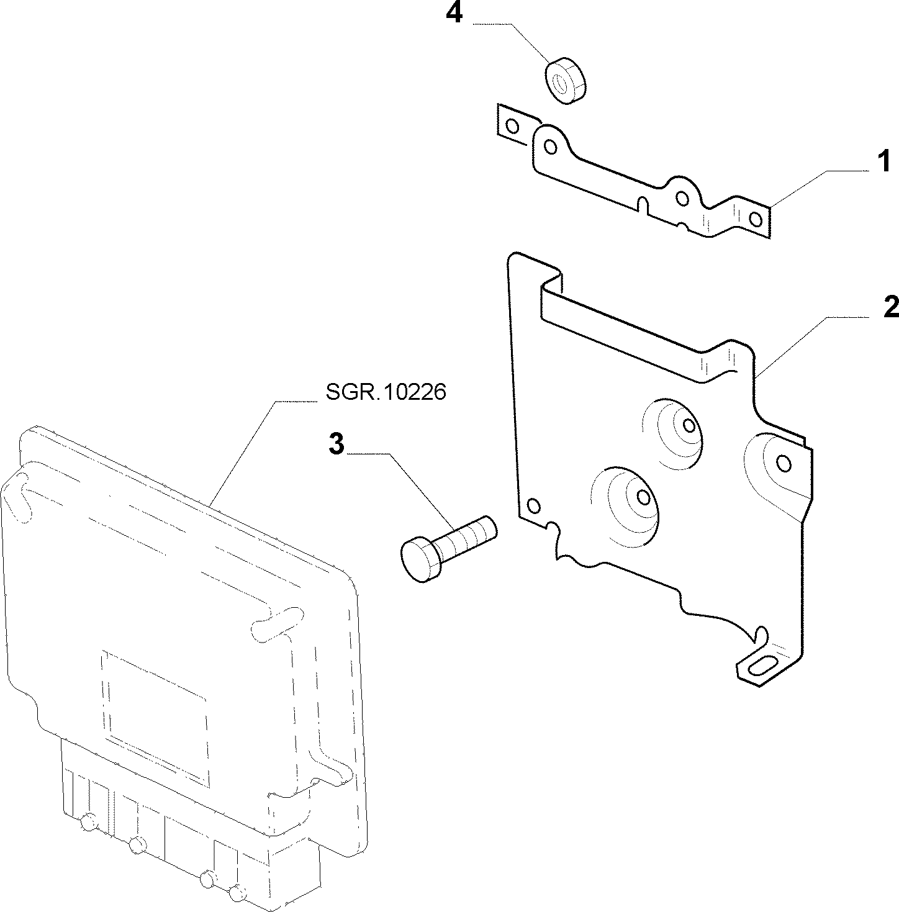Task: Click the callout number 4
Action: point(454,14)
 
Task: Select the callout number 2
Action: point(891,307)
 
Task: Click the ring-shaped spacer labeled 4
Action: point(565,81)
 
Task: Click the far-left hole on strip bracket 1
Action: point(512,127)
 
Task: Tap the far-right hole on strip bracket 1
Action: point(756,220)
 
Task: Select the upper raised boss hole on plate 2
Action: point(689,426)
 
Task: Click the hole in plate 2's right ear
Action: point(784,464)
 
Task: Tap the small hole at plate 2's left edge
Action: point(533,507)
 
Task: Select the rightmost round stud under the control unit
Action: point(235,894)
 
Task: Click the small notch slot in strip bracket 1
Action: point(642,205)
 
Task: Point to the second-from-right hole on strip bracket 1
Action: point(682,198)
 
